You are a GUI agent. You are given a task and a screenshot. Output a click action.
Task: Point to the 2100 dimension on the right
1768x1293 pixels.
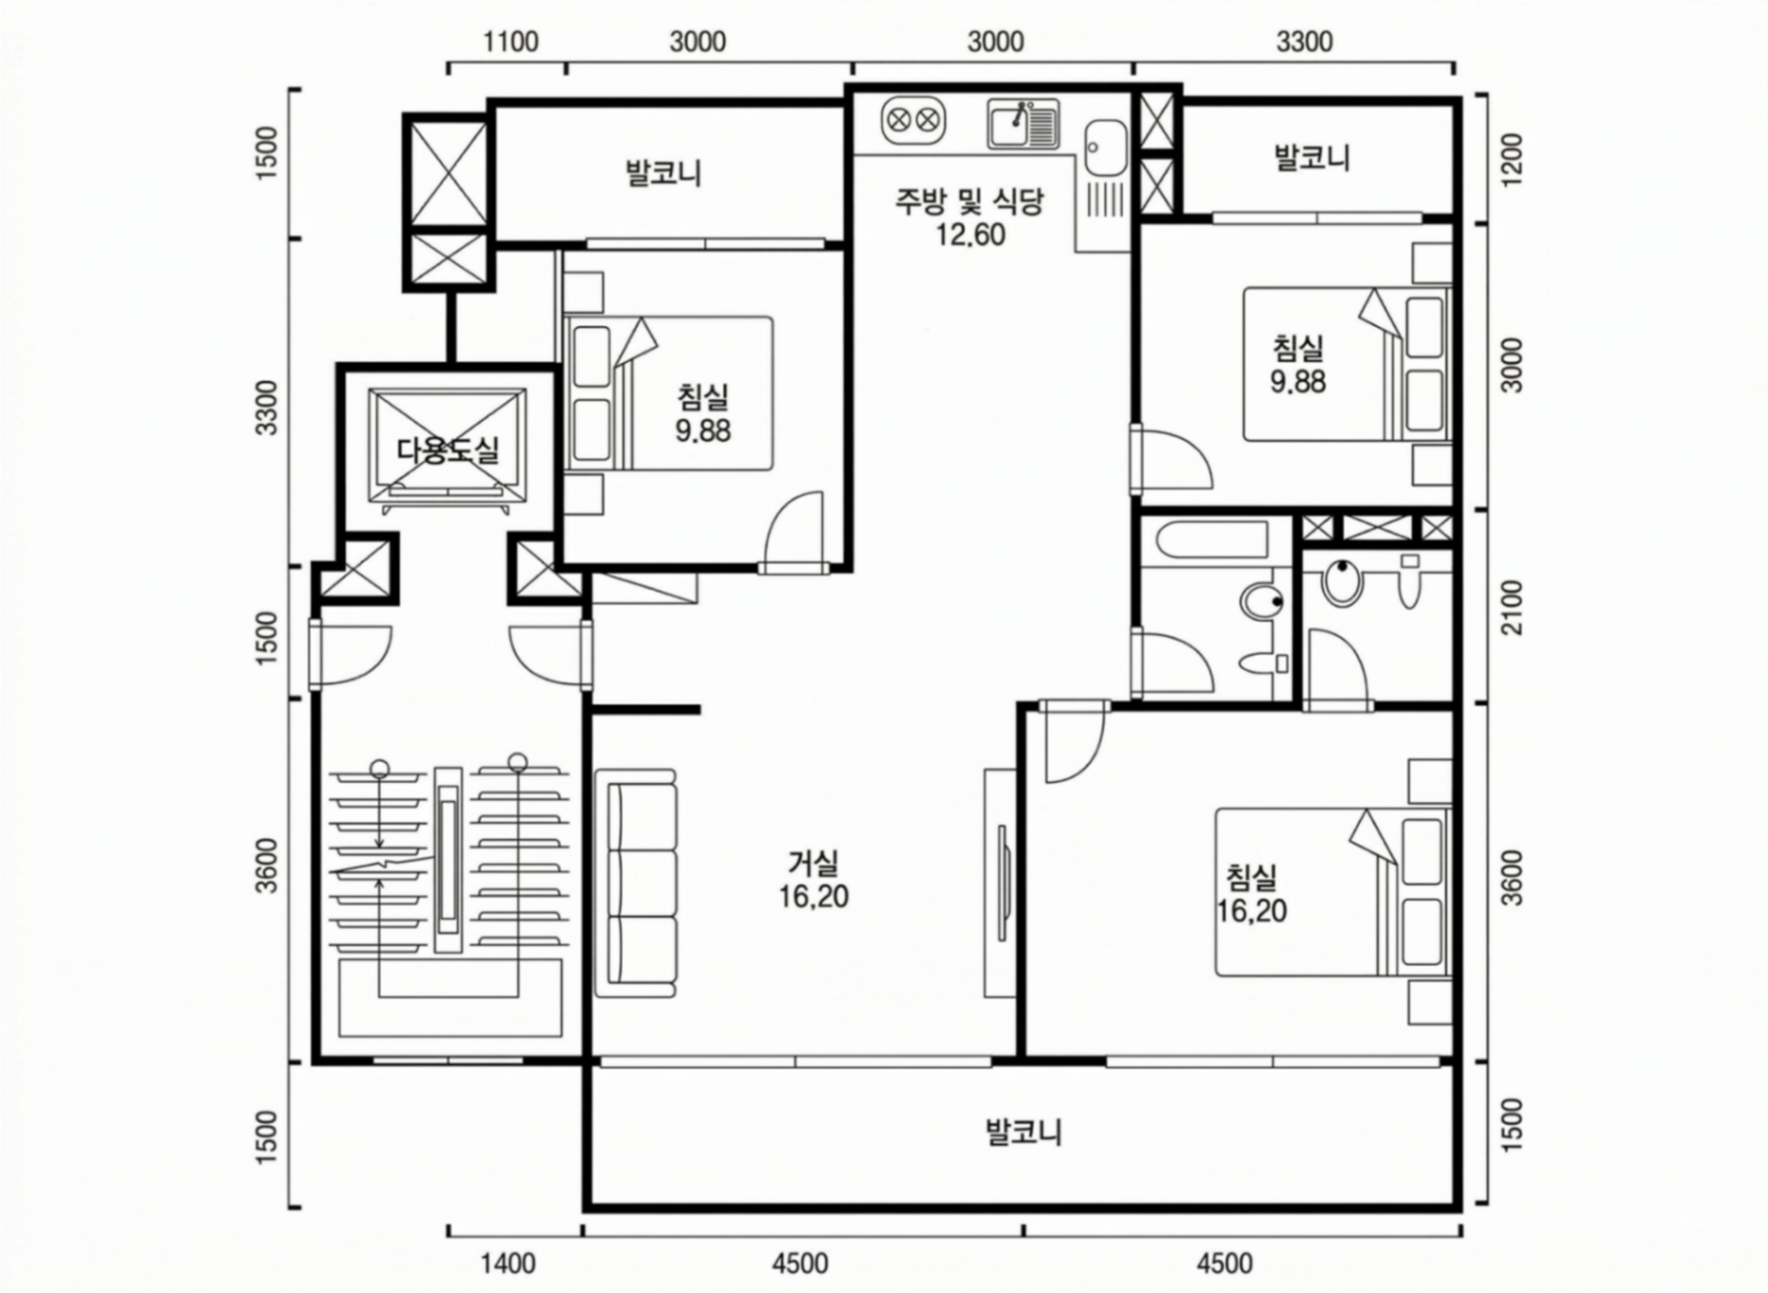(1514, 608)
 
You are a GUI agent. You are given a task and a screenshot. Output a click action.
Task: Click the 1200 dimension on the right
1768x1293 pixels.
(1514, 160)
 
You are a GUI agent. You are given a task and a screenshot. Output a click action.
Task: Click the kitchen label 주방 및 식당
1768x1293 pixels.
(970, 202)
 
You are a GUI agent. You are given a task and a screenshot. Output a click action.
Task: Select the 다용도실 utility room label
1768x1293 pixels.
(448, 450)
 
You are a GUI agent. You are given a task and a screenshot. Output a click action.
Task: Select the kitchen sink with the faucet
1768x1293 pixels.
(1022, 124)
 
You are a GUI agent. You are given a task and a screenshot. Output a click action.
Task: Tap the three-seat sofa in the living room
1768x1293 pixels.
(635, 884)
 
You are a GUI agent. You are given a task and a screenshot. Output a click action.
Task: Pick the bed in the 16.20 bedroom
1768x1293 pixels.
(1333, 892)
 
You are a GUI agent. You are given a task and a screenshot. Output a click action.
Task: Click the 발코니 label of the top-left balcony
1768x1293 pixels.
(663, 172)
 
